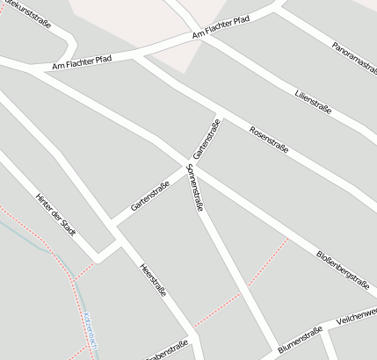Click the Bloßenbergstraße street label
(342, 267)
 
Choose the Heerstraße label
(153, 279)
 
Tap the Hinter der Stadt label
(56, 214)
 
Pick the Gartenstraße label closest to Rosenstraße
(207, 139)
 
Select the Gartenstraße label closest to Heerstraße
(150, 198)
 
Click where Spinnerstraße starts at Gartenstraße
(186, 163)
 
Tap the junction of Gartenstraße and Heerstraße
(115, 223)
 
